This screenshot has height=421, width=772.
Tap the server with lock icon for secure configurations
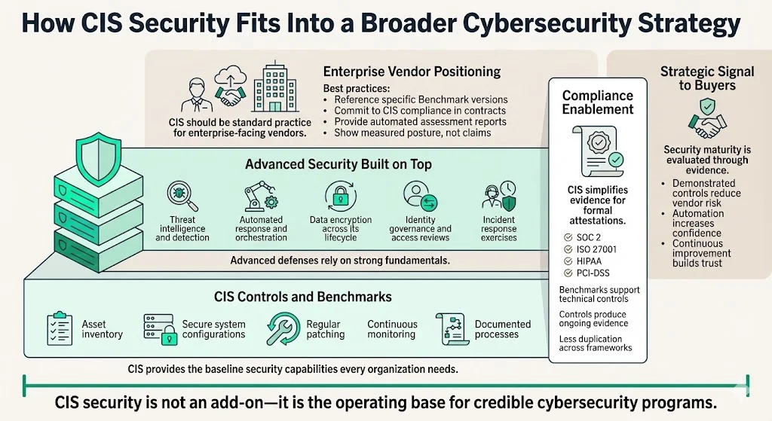pos(158,328)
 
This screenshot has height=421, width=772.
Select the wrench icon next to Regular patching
pos(283,329)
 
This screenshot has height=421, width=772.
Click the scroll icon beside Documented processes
pos(450,328)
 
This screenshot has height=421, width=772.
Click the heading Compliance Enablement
pos(598,102)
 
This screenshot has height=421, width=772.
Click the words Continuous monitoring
pos(391,329)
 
